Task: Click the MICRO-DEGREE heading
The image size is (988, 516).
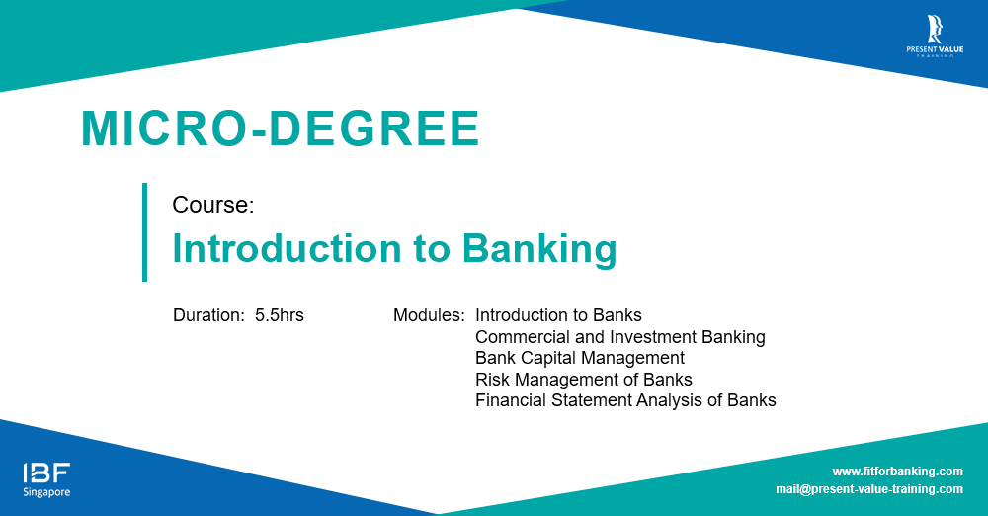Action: pyautogui.click(x=281, y=129)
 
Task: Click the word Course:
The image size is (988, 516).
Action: pyautogui.click(x=213, y=205)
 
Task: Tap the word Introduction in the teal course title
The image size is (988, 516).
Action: pyautogui.click(x=287, y=248)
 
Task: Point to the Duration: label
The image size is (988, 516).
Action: pyautogui.click(x=208, y=315)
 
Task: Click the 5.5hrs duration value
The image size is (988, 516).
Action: pyautogui.click(x=280, y=315)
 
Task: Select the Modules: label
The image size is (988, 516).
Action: pyautogui.click(x=429, y=315)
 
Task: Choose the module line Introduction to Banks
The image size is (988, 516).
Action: pyautogui.click(x=558, y=315)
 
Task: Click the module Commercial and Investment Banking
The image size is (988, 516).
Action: pyautogui.click(x=620, y=337)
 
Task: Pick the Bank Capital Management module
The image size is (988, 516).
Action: pyautogui.click(x=580, y=358)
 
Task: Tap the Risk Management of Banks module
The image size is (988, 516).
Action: pyautogui.click(x=584, y=380)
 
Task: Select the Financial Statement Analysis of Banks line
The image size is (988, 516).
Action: pyautogui.click(x=625, y=400)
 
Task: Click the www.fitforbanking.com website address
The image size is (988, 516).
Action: pyautogui.click(x=897, y=472)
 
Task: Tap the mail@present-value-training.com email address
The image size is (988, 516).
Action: pyautogui.click(x=869, y=489)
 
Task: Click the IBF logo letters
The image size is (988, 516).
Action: pyautogui.click(x=46, y=473)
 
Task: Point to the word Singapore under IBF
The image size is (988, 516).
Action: pyautogui.click(x=46, y=492)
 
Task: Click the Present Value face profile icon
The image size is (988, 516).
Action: pyautogui.click(x=935, y=29)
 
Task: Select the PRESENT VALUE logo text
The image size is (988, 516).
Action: pyautogui.click(x=935, y=49)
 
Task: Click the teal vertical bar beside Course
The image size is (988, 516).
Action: pyautogui.click(x=145, y=232)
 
